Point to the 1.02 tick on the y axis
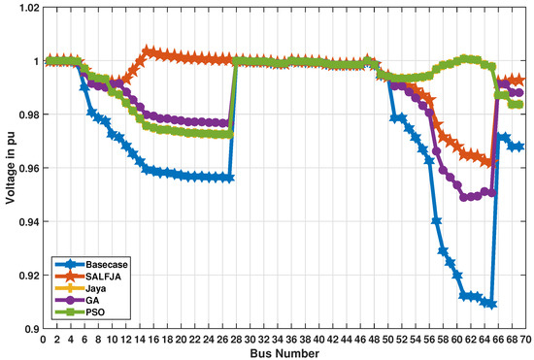coord(25,8)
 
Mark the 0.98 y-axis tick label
coord(25,115)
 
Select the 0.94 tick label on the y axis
coord(25,222)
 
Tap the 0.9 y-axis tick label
coord(29,329)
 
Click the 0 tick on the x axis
coord(43,340)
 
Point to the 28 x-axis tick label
coord(236,340)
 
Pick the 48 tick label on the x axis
coord(374,340)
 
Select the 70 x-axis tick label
coord(525,340)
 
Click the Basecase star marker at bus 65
coord(491,304)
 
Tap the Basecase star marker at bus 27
coord(229,178)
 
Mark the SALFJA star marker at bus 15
coord(147,50)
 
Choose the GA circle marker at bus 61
coord(463,197)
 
